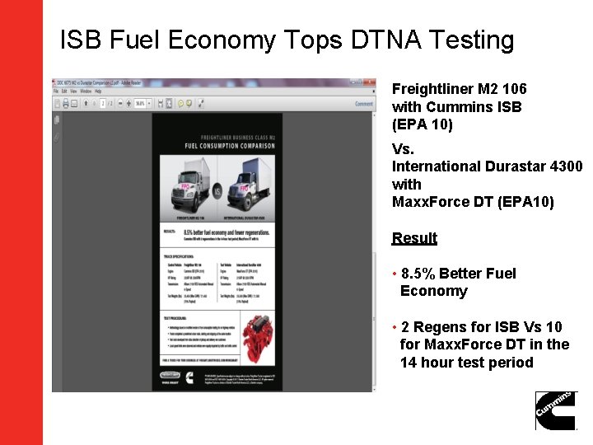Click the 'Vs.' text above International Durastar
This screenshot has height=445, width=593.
(403, 149)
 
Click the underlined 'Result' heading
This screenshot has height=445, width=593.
(414, 238)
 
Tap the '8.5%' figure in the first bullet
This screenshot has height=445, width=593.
(420, 274)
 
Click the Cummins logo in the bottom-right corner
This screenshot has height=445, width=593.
(556, 410)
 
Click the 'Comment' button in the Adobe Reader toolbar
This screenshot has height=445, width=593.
(363, 104)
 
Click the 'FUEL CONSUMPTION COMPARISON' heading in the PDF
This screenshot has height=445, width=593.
(217, 146)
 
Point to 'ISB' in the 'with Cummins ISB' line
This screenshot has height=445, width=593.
(509, 106)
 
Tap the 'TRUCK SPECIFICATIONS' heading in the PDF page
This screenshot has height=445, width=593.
(180, 255)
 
